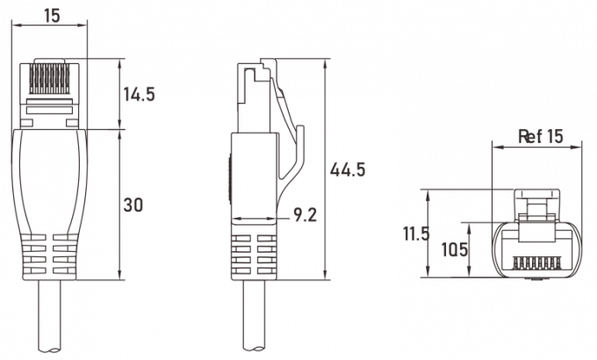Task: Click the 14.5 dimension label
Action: pyautogui.click(x=140, y=94)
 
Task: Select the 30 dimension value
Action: pyautogui.click(x=133, y=205)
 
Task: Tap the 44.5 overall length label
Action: pyautogui.click(x=348, y=169)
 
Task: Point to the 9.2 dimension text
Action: pyautogui.click(x=305, y=215)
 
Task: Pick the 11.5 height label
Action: pyautogui.click(x=416, y=234)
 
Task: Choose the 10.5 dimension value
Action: pyautogui.click(x=454, y=250)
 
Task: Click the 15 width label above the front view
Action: pyautogui.click(x=52, y=16)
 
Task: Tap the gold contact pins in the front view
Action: pyautogui.click(x=49, y=79)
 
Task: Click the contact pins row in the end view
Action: pyautogui.click(x=536, y=263)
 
